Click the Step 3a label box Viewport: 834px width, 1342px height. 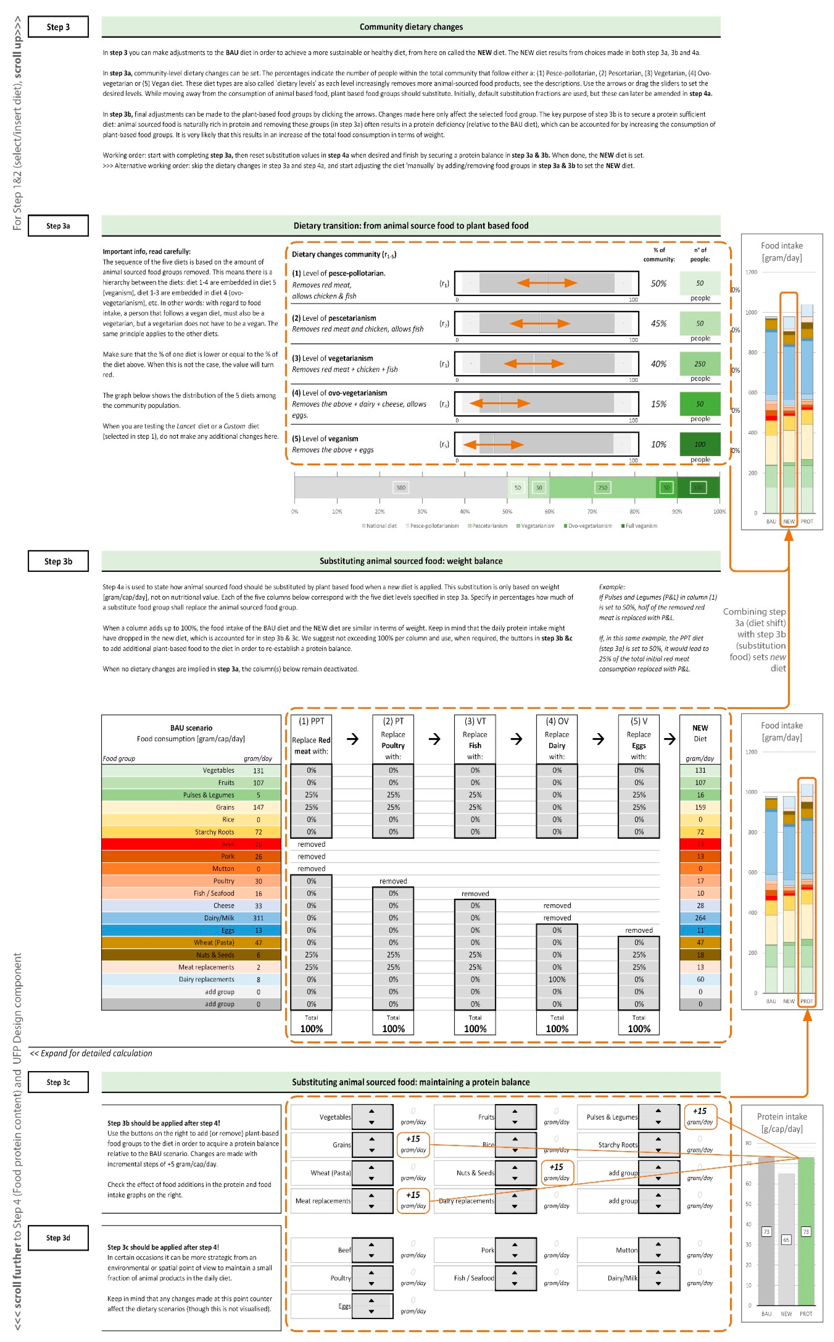pos(58,226)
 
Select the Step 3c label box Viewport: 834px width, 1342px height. pos(58,1082)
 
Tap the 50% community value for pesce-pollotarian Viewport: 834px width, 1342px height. pos(659,283)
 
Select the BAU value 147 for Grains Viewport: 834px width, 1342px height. pos(258,807)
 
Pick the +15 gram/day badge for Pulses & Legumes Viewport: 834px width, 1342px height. pos(699,1115)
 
